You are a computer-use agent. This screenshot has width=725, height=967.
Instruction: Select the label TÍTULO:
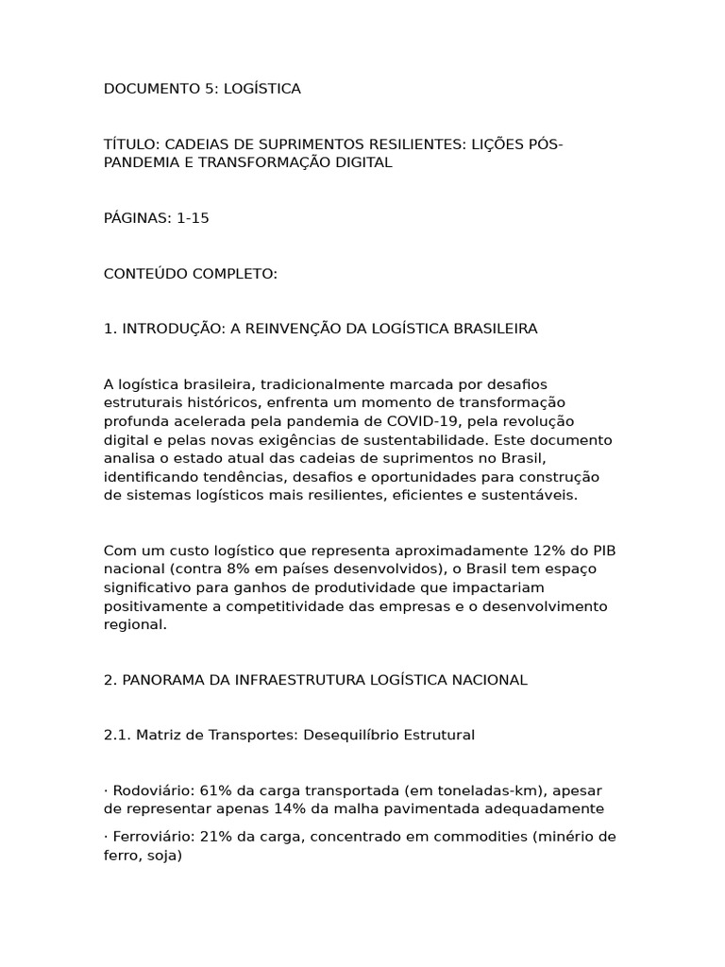pyautogui.click(x=131, y=144)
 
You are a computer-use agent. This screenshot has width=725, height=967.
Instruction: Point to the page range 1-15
pyautogui.click(x=193, y=218)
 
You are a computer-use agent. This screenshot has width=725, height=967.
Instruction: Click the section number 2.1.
pyautogui.click(x=116, y=735)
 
